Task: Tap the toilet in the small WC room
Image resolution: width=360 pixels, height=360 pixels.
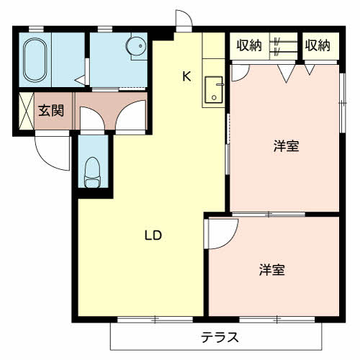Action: coord(91,172)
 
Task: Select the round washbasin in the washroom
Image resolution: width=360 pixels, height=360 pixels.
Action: coord(134,47)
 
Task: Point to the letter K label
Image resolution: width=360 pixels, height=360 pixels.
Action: coord(186,76)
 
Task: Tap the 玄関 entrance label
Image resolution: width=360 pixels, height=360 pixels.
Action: coord(51,111)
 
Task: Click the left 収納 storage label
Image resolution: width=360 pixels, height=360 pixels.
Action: coord(249,46)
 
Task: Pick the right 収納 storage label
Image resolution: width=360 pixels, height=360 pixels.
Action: coord(317,46)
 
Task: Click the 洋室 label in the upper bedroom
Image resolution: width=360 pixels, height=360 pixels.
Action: coord(286,146)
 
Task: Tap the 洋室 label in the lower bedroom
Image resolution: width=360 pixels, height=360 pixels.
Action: coord(272,270)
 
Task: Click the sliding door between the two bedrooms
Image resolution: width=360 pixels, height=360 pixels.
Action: coord(268,214)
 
